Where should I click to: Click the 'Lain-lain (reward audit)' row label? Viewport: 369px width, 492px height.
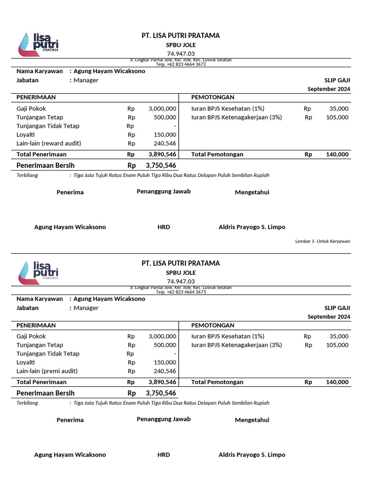click(x=49, y=143)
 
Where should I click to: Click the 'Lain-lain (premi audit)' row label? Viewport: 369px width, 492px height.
click(x=47, y=371)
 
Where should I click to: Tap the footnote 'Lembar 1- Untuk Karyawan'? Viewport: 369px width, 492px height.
click(x=322, y=241)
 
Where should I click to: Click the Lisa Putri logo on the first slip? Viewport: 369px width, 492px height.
click(x=38, y=45)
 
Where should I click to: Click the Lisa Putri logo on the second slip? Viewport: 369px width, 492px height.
click(x=38, y=272)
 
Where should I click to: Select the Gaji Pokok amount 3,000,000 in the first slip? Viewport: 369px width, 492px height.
click(x=162, y=109)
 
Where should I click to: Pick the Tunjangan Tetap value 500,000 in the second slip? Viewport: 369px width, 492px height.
click(x=165, y=345)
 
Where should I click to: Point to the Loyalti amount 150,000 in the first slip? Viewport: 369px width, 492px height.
click(x=165, y=135)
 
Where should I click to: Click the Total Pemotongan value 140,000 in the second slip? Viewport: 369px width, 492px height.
click(x=337, y=382)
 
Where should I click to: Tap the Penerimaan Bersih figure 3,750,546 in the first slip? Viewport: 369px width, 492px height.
click(x=160, y=165)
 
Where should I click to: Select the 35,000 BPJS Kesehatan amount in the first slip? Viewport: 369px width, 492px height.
click(x=339, y=109)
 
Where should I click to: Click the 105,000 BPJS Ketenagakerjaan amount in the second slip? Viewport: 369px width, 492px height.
click(x=337, y=345)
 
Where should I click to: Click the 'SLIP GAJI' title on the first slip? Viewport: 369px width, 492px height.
click(x=337, y=80)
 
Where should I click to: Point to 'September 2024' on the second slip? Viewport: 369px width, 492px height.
click(x=329, y=317)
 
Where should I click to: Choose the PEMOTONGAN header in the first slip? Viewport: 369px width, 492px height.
click(x=212, y=97)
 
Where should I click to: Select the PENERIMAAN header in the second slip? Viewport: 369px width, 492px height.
click(x=36, y=325)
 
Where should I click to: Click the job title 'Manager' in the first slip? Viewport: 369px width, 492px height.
click(x=86, y=80)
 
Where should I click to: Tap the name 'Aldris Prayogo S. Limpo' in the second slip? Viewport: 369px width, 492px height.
click(x=252, y=455)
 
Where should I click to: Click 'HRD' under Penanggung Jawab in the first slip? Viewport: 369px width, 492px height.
click(x=163, y=227)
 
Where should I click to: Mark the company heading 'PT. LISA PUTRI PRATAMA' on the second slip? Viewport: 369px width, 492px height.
click(x=181, y=263)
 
